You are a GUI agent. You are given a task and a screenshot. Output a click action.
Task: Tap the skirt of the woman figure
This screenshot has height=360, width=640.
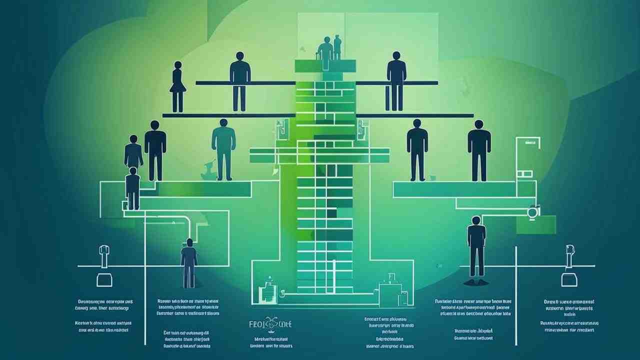pyautogui.click(x=177, y=87)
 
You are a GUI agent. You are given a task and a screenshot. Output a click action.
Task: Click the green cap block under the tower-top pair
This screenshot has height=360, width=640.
pyautogui.click(x=325, y=66)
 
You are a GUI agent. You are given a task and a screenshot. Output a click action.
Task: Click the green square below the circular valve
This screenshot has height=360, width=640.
pyautogui.click(x=536, y=224)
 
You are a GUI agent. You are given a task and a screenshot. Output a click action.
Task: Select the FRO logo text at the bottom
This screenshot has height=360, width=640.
pyautogui.click(x=270, y=324)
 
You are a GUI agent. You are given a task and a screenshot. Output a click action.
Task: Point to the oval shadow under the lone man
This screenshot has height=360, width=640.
pyautogui.click(x=475, y=282)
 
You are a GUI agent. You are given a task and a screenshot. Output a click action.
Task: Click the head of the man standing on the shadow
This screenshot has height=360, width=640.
pyautogui.click(x=476, y=220)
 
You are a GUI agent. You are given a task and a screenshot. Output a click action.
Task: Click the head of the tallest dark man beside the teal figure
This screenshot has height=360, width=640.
pyautogui.click(x=155, y=125)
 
